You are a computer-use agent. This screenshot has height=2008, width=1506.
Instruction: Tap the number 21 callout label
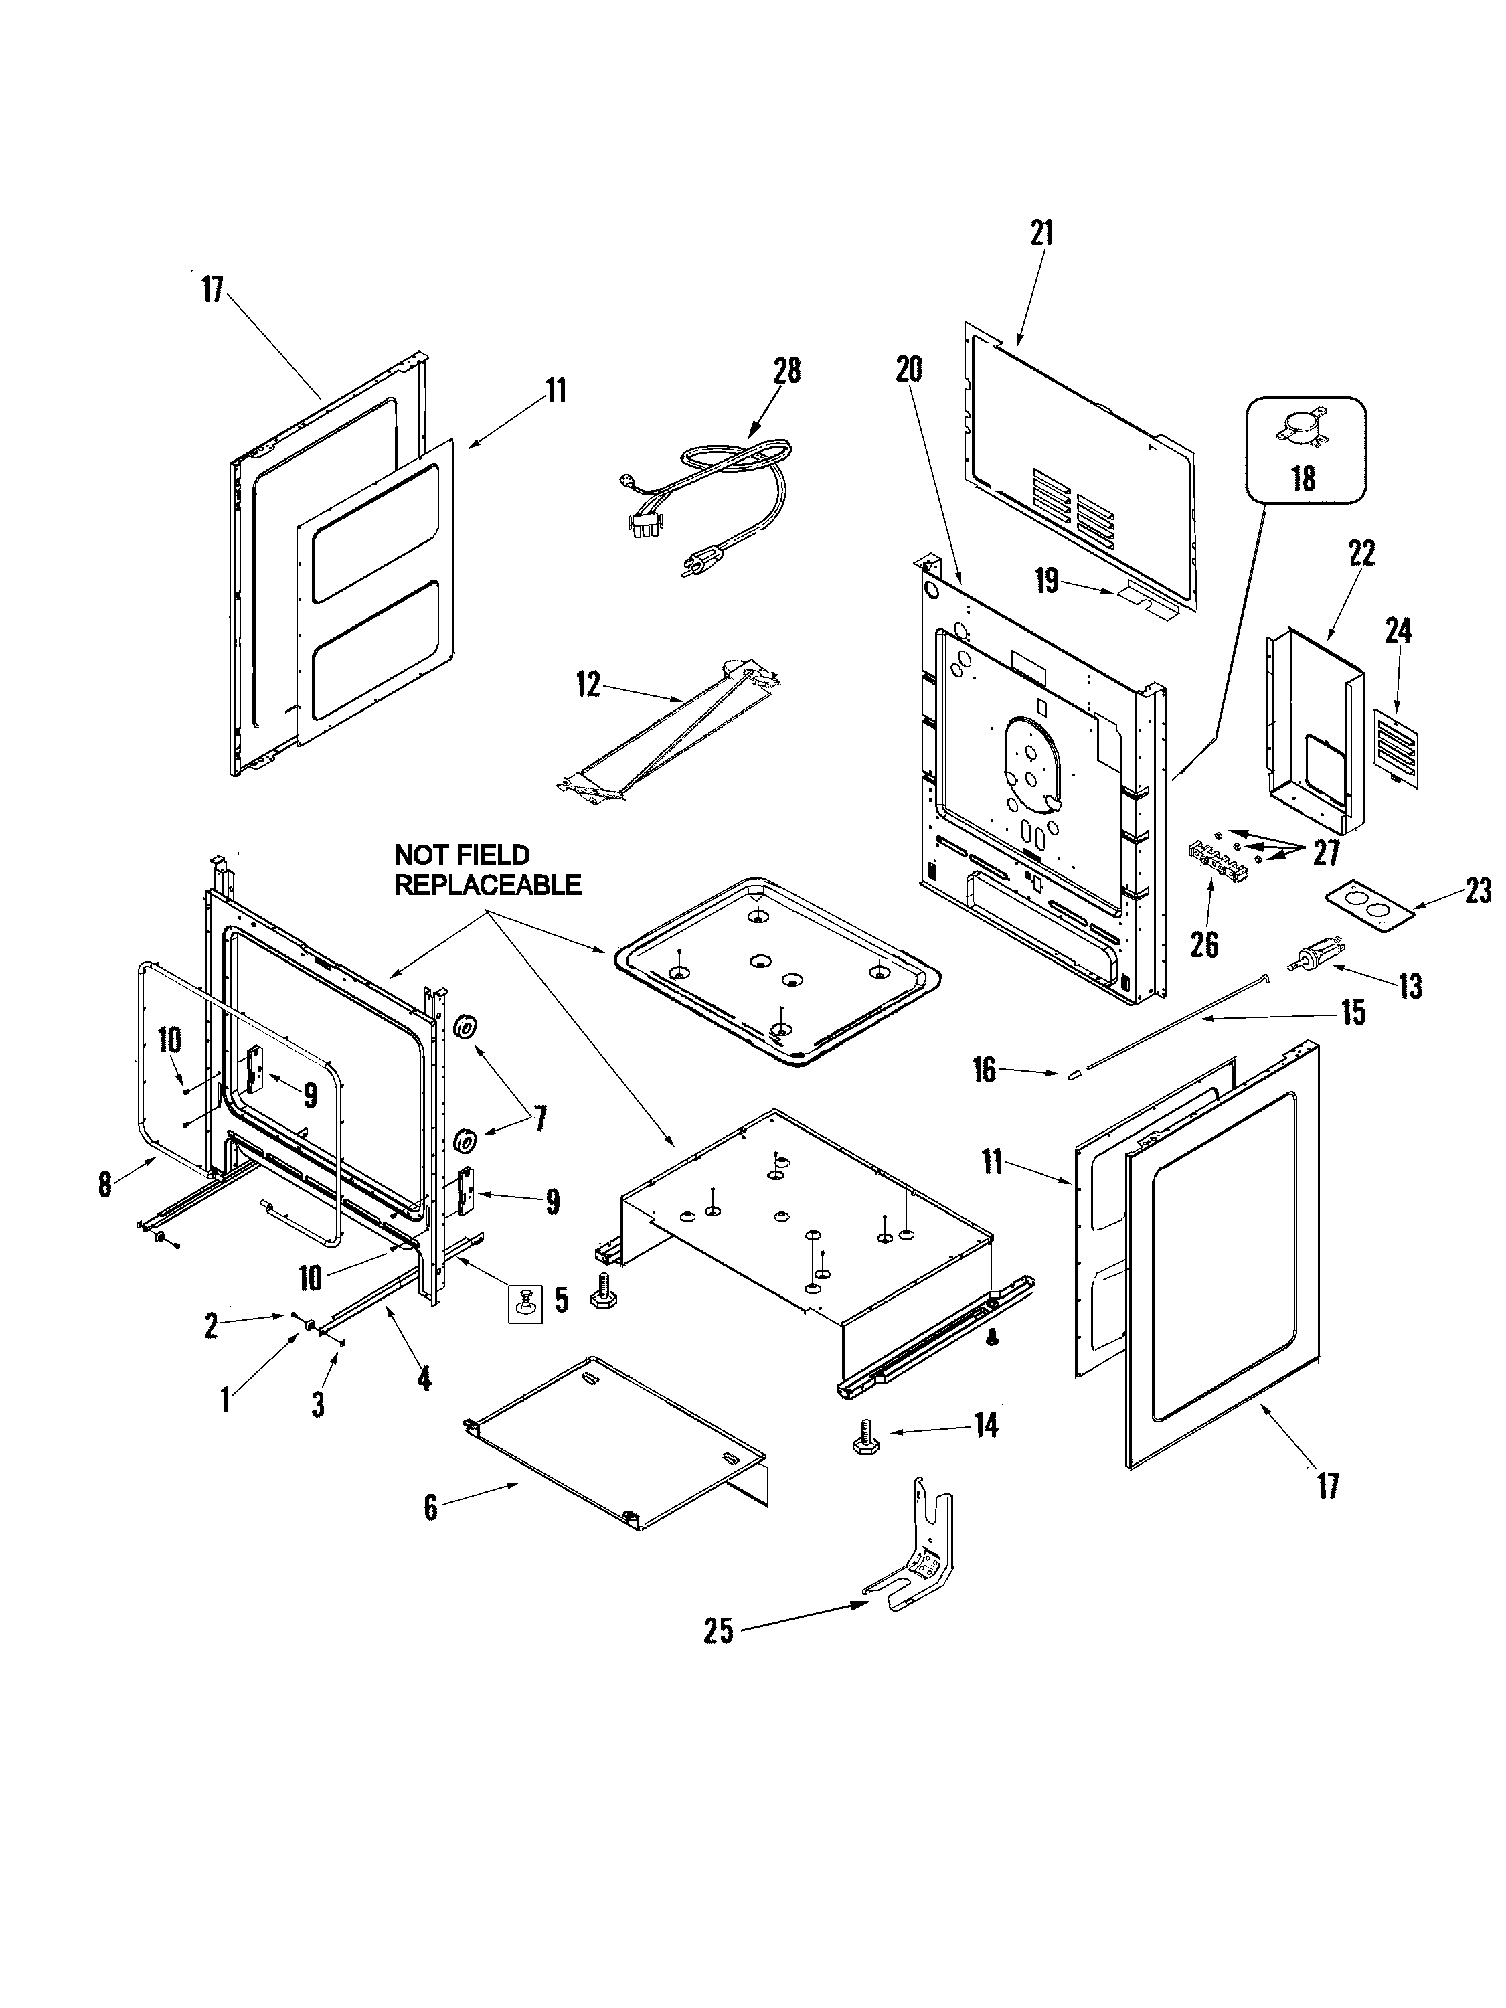(1041, 234)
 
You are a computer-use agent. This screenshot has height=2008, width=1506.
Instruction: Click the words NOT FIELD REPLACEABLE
(487, 869)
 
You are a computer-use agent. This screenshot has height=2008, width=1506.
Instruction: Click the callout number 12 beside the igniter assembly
(588, 685)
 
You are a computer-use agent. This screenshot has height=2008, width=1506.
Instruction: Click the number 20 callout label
(909, 369)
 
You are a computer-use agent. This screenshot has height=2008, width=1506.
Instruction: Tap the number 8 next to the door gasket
(105, 1184)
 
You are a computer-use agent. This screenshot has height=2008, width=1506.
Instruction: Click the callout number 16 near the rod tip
(984, 1070)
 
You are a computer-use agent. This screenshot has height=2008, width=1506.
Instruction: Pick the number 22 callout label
(1361, 554)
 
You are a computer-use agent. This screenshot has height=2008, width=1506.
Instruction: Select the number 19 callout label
(1047, 582)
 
